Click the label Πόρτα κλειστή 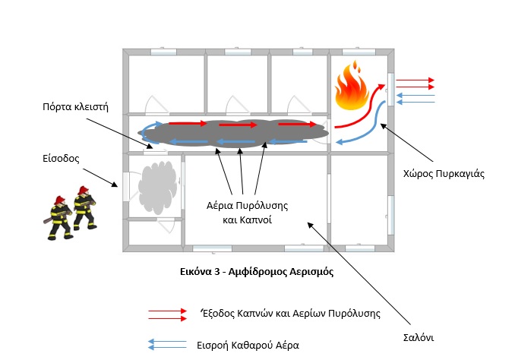pos(76,106)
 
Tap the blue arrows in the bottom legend pos(167,345)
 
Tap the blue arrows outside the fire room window pos(415,98)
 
